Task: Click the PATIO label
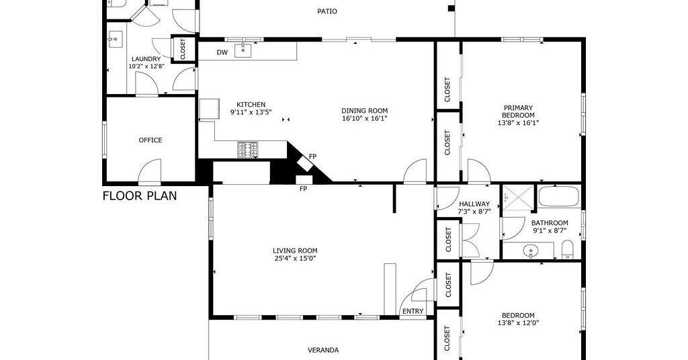tap(327, 11)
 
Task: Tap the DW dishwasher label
tap(222, 52)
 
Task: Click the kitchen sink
tap(243, 51)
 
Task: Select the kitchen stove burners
tap(248, 150)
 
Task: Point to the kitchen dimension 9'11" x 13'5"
tap(251, 111)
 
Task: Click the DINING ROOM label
tap(365, 111)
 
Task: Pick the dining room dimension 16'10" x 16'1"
tap(365, 118)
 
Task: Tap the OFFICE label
tap(150, 140)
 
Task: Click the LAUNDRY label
tap(146, 59)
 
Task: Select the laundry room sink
tap(116, 40)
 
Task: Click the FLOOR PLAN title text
tap(140, 195)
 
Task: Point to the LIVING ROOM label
tap(295, 251)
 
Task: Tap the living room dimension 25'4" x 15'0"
tap(295, 259)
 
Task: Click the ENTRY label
tap(413, 312)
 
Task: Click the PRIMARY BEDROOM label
tap(518, 111)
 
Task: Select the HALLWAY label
tap(474, 204)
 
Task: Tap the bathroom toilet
tap(567, 249)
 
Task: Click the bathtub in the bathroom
tap(559, 196)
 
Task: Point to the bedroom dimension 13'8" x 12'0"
tap(518, 323)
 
